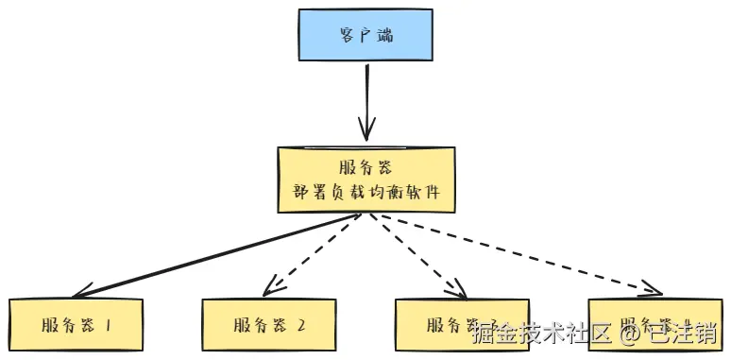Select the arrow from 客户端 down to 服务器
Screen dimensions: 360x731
coord(365,99)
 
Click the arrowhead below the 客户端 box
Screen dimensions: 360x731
coord(365,129)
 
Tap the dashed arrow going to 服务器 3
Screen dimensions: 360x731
coord(416,253)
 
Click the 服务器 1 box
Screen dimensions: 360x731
coord(76,326)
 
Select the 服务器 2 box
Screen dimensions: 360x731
coord(269,326)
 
